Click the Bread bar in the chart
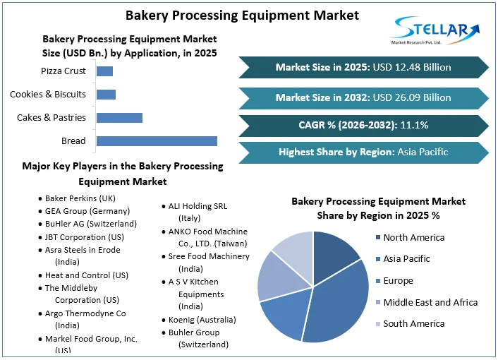[x=157, y=141]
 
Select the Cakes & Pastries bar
[x=119, y=118]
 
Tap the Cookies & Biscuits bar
[x=106, y=95]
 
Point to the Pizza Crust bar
[x=104, y=71]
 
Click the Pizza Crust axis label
[x=63, y=71]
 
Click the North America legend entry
[x=413, y=238]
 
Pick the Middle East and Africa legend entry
[x=430, y=302]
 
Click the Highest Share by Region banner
[x=363, y=152]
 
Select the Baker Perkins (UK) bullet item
[x=80, y=198]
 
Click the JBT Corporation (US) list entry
[x=84, y=236]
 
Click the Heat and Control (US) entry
[x=86, y=275]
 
